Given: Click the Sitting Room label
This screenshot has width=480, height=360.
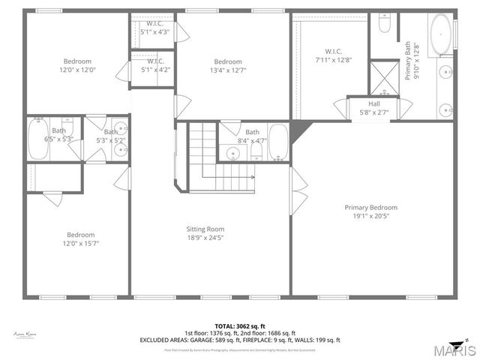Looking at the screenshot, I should tap(205, 229).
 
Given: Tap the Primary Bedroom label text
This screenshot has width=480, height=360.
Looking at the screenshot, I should tap(370, 208).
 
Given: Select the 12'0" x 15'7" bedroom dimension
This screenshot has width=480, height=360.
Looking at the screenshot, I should tap(79, 243).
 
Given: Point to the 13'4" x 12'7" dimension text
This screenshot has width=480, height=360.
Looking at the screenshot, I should tap(227, 70).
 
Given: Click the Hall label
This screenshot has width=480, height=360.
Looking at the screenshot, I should tap(373, 103).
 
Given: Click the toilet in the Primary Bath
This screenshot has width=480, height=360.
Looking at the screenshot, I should tap(385, 25).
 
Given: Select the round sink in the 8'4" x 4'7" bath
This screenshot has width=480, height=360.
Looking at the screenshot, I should tap(232, 154).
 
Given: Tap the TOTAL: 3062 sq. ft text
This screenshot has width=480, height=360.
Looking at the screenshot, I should tap(239, 326).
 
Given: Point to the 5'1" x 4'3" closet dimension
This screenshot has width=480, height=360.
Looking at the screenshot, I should tap(155, 32).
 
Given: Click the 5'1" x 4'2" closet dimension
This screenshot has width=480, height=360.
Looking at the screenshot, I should tap(155, 70).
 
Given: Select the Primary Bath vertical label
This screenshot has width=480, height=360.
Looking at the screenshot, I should tap(412, 61).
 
